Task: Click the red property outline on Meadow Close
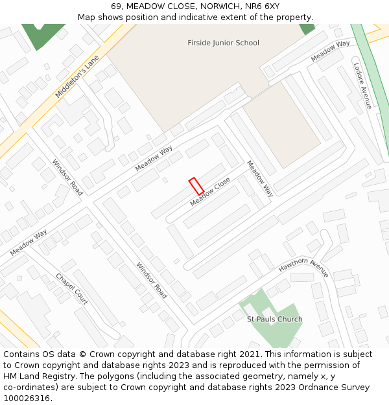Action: (x=196, y=186)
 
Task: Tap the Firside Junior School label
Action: (x=223, y=43)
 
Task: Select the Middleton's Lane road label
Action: (x=77, y=76)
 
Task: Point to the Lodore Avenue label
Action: (x=362, y=85)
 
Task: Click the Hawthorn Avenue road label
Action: (x=304, y=268)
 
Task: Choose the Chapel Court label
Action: (x=72, y=289)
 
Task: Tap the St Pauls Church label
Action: (x=274, y=319)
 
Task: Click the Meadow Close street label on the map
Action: (x=210, y=193)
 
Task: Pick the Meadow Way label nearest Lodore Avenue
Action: (x=330, y=52)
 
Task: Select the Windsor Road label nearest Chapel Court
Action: (x=152, y=280)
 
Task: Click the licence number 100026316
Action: (x=27, y=399)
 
